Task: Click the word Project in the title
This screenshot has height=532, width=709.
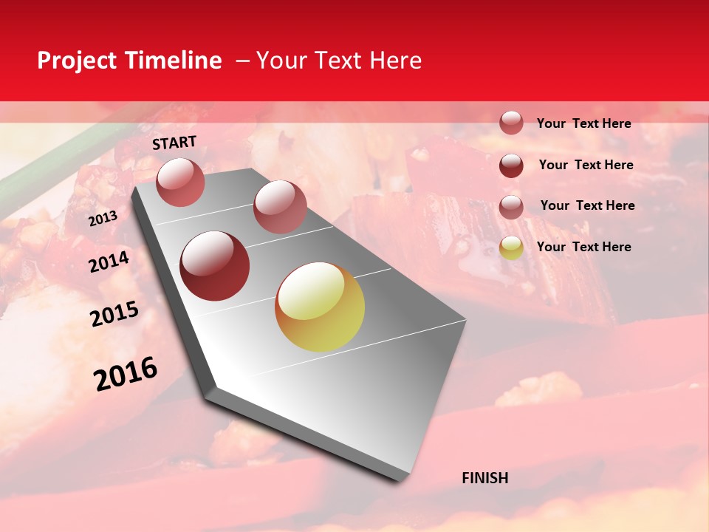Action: (78, 61)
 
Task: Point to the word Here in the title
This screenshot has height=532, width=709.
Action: (395, 61)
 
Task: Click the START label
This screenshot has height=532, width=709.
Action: (174, 143)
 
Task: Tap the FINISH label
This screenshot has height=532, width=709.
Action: (485, 478)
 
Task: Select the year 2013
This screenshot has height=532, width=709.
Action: (103, 219)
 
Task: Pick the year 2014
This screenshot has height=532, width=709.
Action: (109, 262)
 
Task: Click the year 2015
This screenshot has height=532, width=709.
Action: (114, 315)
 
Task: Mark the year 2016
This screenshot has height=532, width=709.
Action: (126, 374)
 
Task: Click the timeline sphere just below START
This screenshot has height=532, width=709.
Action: (180, 182)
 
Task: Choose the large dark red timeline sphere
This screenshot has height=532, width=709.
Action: (215, 266)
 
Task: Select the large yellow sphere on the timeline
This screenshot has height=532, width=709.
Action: (320, 307)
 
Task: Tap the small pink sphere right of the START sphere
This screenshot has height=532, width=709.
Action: (280, 207)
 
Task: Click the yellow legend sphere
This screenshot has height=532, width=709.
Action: (511, 248)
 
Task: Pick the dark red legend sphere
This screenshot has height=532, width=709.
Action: (511, 166)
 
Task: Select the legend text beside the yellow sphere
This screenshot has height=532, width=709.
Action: (583, 247)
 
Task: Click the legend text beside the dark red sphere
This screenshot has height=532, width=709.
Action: (586, 165)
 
